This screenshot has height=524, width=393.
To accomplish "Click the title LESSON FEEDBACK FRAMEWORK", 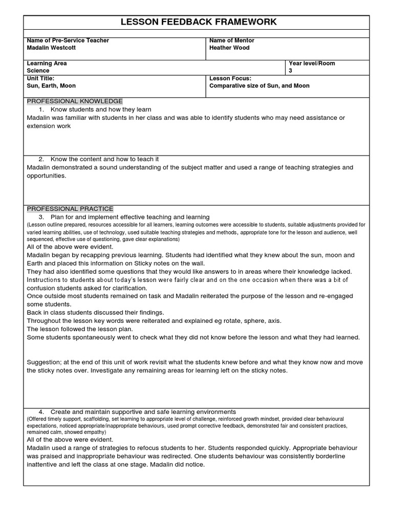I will [x=198, y=22].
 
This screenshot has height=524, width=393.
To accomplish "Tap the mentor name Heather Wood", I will [x=230, y=48].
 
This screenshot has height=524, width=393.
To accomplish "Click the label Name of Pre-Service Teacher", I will [x=68, y=40].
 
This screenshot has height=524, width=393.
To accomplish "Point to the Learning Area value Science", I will [x=38, y=71].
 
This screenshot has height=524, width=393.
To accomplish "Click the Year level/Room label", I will [x=312, y=63].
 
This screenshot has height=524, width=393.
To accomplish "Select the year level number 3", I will [x=291, y=71].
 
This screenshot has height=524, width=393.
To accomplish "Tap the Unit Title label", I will [x=40, y=78].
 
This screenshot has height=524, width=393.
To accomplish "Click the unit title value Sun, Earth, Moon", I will [x=51, y=86].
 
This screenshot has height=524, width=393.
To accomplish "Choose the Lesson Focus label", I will [x=230, y=78].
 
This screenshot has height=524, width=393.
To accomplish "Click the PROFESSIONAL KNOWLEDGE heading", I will [x=75, y=101].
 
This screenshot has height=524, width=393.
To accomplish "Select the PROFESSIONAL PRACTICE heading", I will [x=70, y=209].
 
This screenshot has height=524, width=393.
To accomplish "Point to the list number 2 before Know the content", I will [x=41, y=159].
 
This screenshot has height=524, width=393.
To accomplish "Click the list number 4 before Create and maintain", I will [x=41, y=411].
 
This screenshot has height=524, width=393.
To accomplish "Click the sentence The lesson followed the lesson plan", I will [x=80, y=329].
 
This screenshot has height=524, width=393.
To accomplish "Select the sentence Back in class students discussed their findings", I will [x=95, y=313].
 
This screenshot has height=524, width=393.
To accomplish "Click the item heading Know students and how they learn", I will [x=101, y=110].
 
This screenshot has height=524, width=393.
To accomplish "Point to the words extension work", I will [x=49, y=126].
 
